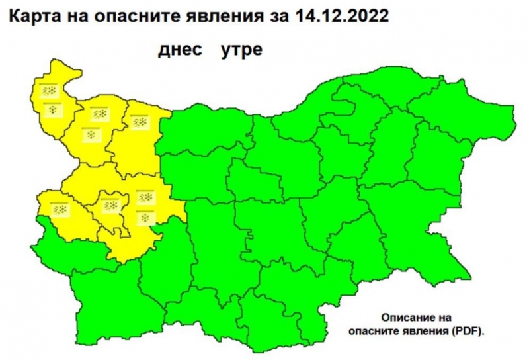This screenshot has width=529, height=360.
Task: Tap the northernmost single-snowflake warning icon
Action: pyautogui.click(x=52, y=108)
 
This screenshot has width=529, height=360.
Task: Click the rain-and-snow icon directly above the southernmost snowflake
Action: pyautogui.click(x=144, y=197)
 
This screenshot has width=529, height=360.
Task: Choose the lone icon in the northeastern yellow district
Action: pyautogui.click(x=139, y=122)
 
